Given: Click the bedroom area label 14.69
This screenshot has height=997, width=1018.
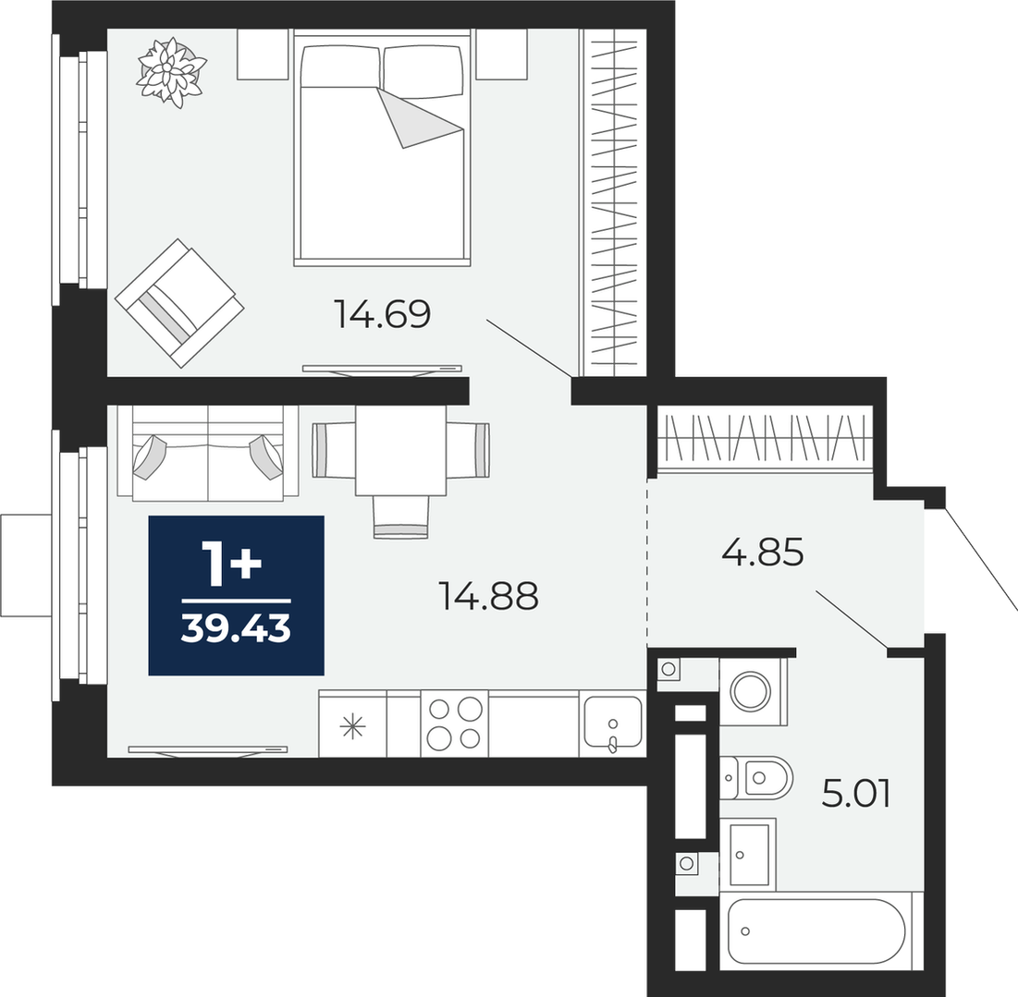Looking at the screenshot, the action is [x=382, y=314].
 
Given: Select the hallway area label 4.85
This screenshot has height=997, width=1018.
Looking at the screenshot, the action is [x=763, y=552].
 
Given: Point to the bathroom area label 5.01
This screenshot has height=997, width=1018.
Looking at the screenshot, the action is [x=855, y=794].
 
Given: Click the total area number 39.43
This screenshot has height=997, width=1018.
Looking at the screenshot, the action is [x=236, y=628].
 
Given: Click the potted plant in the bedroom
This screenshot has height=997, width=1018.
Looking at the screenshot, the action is [x=171, y=71].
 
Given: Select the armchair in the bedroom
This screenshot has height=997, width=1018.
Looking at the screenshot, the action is [x=179, y=303].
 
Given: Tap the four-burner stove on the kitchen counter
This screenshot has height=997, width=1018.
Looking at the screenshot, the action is [x=455, y=723].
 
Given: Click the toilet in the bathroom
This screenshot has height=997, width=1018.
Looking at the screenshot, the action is [x=756, y=777].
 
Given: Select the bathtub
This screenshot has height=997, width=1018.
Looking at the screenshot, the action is [x=816, y=931].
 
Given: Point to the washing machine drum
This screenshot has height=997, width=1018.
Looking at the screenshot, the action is [x=751, y=690].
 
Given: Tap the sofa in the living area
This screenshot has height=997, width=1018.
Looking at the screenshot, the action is [x=208, y=453].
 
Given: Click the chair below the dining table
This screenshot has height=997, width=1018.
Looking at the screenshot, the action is [x=401, y=517].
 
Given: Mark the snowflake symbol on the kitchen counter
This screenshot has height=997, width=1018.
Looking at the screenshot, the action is [x=353, y=726].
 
